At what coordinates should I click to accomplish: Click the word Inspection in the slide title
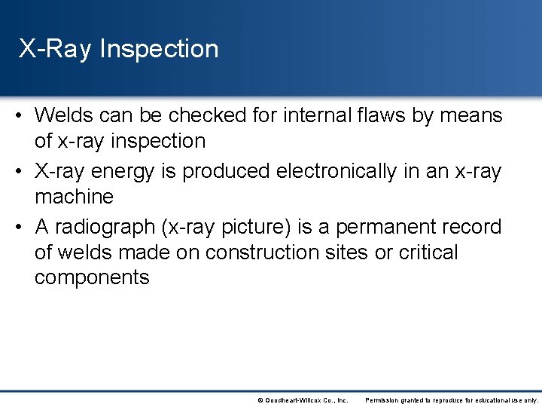click(x=159, y=50)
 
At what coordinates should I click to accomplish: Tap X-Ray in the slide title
click(x=56, y=50)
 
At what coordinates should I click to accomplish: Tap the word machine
click(x=74, y=197)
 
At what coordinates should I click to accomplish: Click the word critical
click(x=428, y=252)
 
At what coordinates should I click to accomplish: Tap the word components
click(x=92, y=277)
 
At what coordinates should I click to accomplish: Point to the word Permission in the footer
click(x=381, y=399)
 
